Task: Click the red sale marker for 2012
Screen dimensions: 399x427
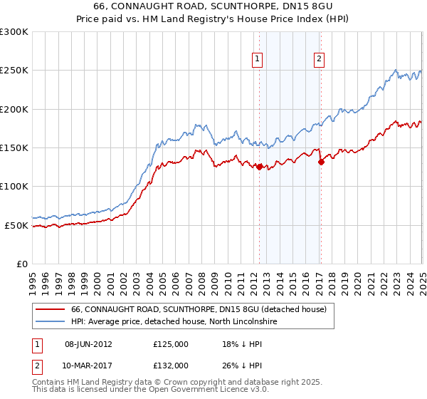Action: tap(260, 167)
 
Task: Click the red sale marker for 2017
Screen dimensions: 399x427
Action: tap(321, 162)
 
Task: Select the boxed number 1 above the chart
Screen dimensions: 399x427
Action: tap(256, 59)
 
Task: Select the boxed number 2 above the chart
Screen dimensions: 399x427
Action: tap(319, 59)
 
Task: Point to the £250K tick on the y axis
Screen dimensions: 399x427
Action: tap(14, 71)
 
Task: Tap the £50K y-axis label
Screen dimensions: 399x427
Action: tap(17, 225)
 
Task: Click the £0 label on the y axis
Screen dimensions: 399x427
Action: tap(21, 264)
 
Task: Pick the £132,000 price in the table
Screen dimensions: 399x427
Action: tap(170, 365)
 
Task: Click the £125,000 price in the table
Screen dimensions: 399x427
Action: tap(170, 343)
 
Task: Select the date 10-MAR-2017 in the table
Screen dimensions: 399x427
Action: tap(93, 365)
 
